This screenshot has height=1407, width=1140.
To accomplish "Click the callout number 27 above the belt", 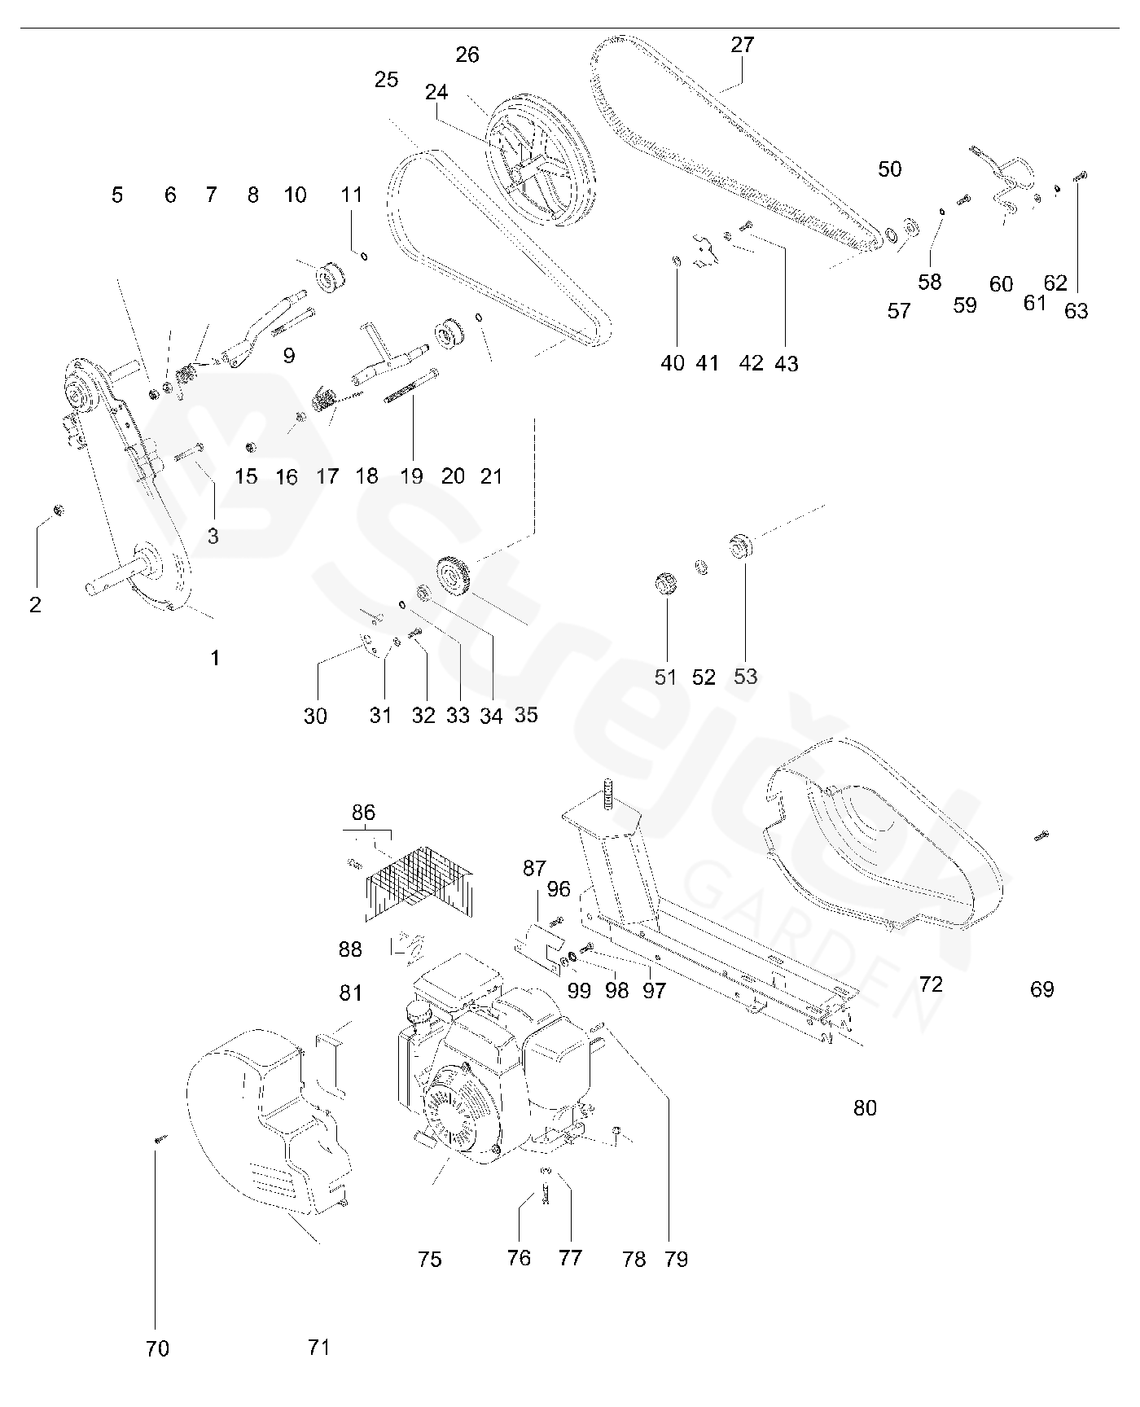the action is [743, 45].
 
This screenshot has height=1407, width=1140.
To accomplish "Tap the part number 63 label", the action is [1076, 311].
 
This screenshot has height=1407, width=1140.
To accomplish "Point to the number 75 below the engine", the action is [429, 1260].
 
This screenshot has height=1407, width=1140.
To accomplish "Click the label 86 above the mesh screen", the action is [363, 812].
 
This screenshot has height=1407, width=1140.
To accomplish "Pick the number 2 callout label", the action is [35, 605].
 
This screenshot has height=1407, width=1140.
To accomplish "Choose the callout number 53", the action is [745, 677].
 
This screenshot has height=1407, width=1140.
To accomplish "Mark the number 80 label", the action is [865, 1107].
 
